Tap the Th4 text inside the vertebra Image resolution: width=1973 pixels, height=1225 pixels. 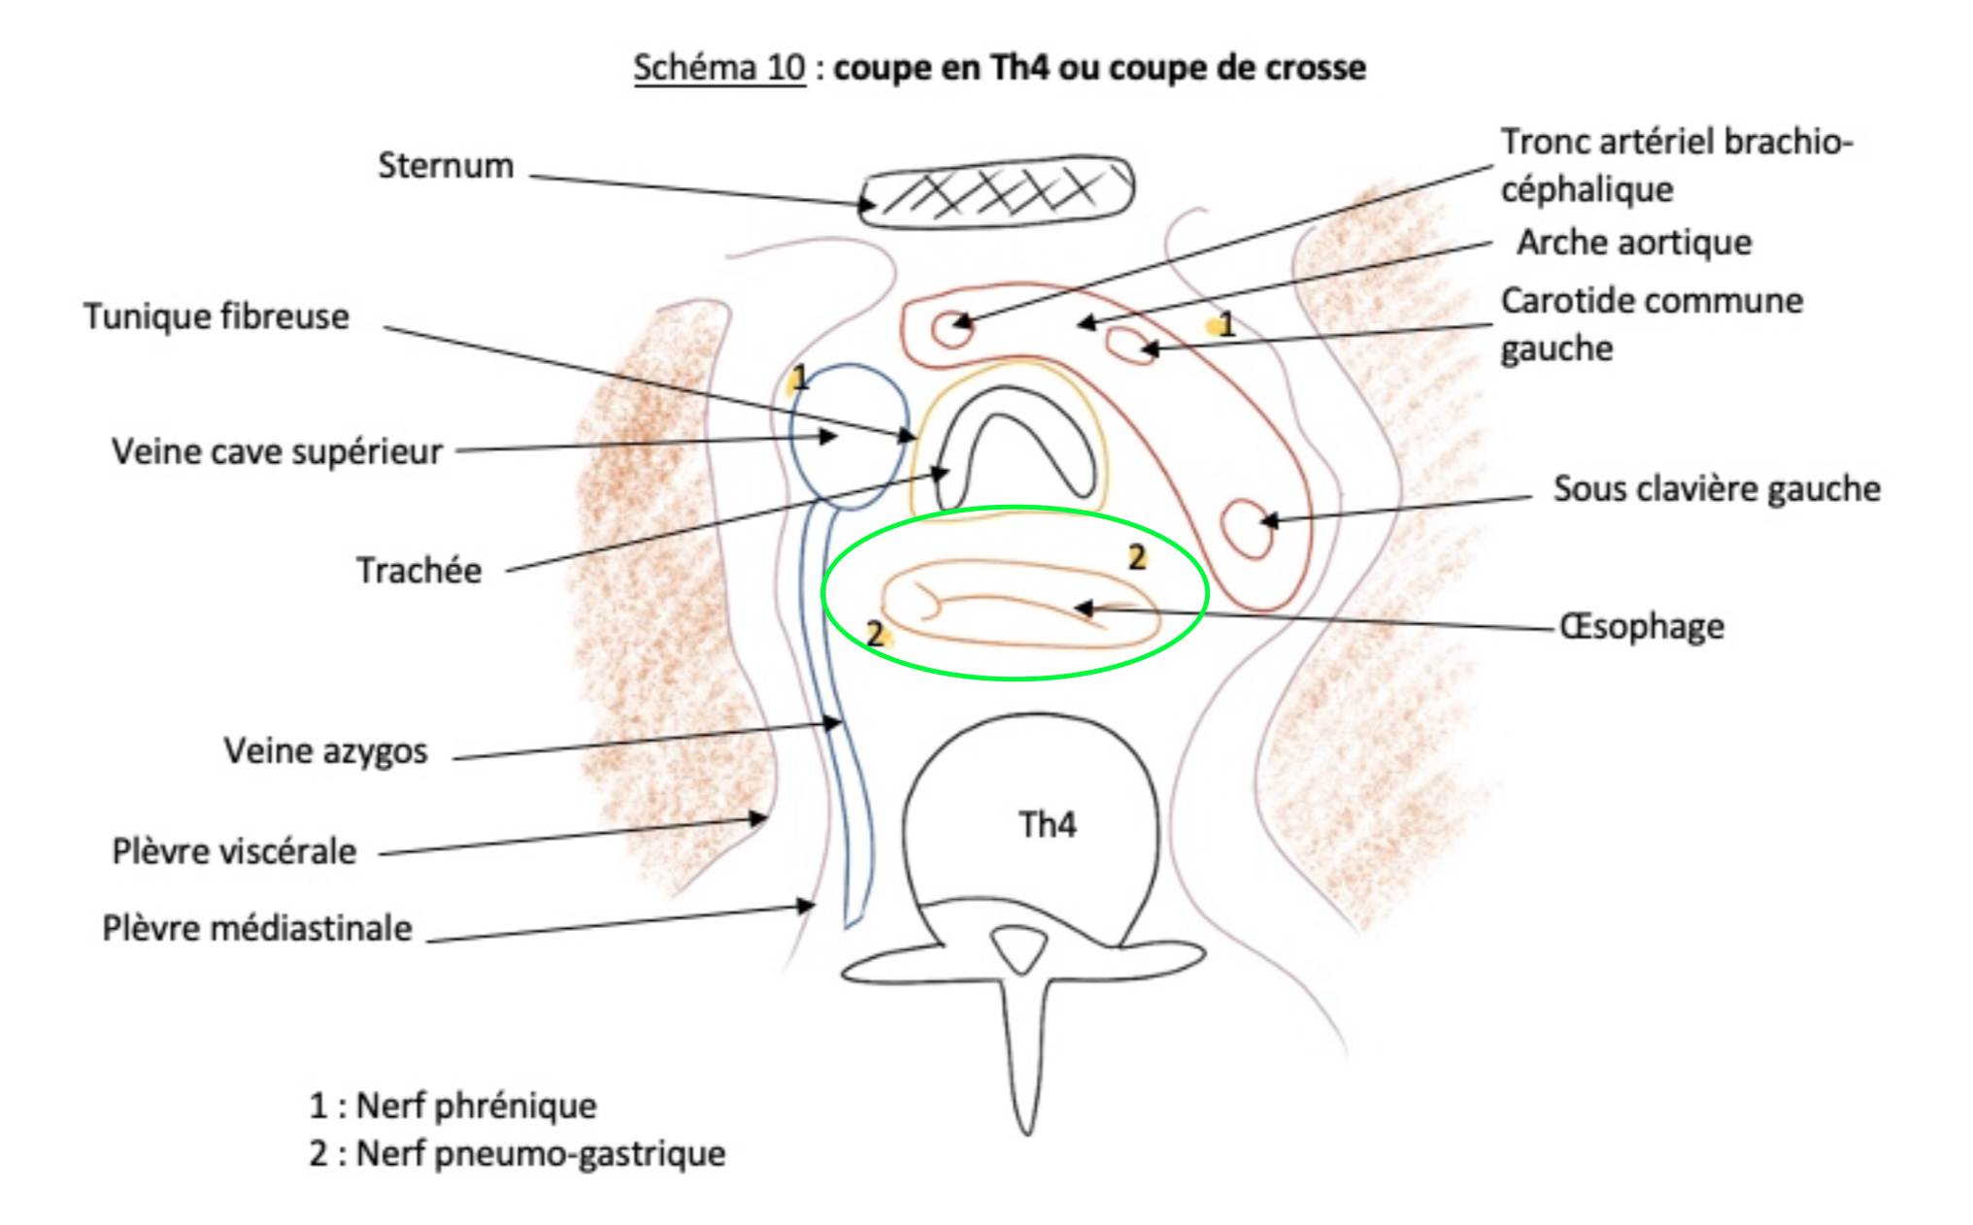pos(1047,824)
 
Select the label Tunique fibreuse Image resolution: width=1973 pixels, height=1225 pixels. pos(217,316)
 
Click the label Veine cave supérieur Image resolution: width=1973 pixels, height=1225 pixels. pos(277,451)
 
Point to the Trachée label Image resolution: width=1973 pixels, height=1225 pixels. pos(418,570)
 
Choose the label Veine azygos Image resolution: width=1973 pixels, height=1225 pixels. pos(325,750)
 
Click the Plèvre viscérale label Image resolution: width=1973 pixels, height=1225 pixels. pos(234,851)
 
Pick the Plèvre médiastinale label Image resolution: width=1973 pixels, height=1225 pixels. pos(257,928)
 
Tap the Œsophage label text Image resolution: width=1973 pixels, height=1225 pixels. pos(1642,626)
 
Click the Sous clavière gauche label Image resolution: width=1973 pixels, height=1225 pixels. pos(1717,488)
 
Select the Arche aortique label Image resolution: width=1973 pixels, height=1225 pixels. pos(1634,242)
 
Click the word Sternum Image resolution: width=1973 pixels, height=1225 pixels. pos(446,165)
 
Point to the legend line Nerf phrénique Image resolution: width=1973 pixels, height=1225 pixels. pos(452,1105)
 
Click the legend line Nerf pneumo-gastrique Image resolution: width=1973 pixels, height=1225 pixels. pos(517,1153)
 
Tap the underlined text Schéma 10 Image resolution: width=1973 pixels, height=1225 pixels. pos(719,67)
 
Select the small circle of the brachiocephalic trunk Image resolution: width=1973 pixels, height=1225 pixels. pos(952,327)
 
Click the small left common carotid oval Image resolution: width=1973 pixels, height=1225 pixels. pos(1129,345)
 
